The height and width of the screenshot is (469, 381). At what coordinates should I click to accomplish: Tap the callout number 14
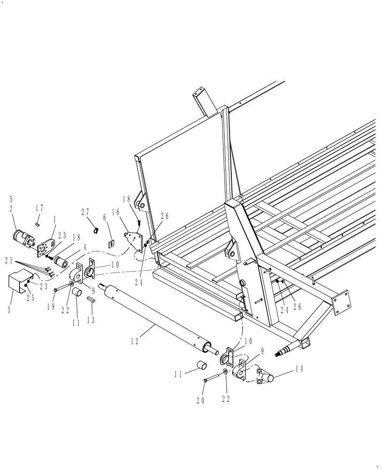coord(299,369)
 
